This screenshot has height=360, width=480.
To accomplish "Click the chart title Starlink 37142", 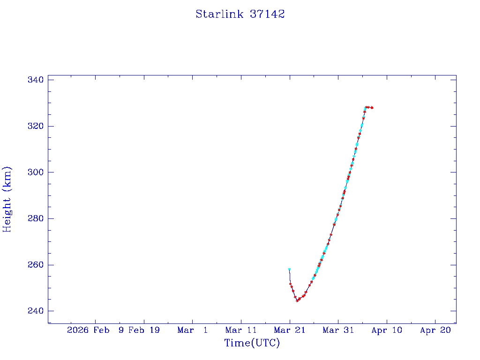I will [240, 14].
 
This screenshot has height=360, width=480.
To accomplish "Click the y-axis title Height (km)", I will [7, 199].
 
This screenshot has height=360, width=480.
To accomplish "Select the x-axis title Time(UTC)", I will [252, 343].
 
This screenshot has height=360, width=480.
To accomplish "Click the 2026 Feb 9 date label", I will [96, 330].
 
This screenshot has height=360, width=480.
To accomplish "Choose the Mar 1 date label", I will [193, 330].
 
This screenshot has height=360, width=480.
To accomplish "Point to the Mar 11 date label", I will [241, 330].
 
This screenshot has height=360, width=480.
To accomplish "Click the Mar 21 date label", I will [290, 330].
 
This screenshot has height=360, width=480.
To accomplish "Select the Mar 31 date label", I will [338, 330].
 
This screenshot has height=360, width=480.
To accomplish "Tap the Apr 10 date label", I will [387, 330].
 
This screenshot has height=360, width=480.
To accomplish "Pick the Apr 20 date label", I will [435, 330].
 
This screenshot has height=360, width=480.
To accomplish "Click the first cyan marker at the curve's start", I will [289, 270].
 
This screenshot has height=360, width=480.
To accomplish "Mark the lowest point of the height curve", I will [297, 300].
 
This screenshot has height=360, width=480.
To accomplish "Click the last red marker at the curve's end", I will [372, 108].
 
